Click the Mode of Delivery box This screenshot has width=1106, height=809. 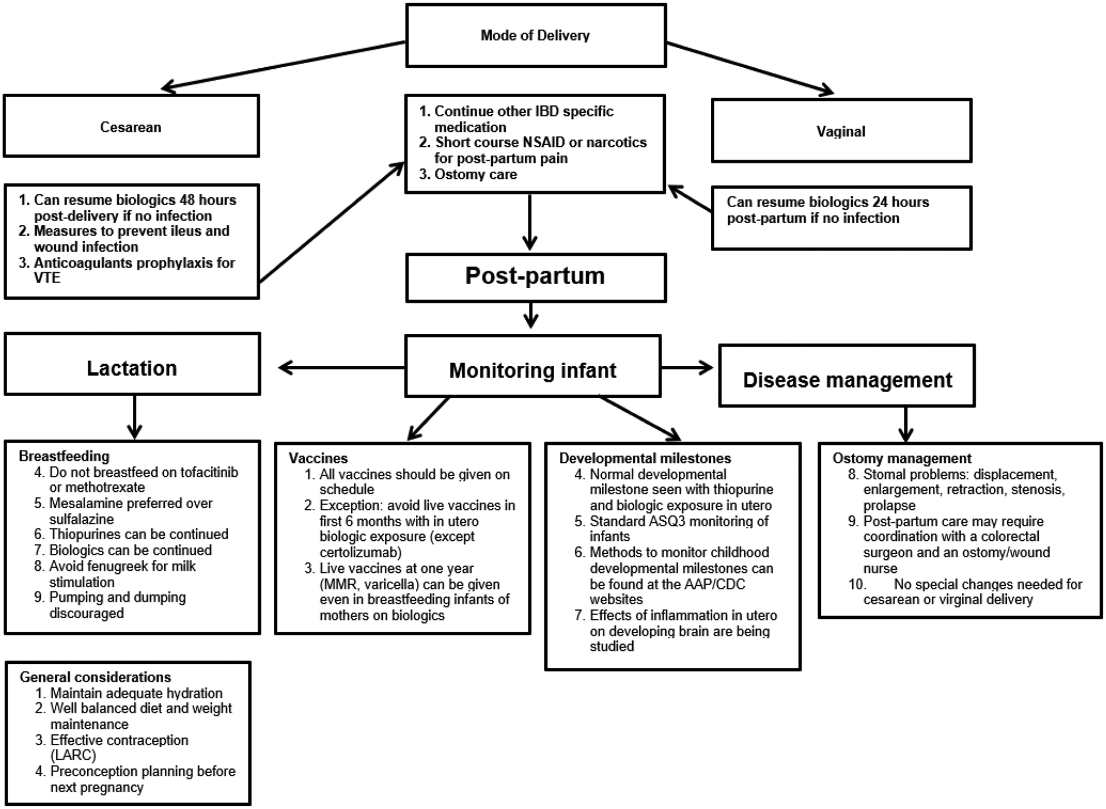536,36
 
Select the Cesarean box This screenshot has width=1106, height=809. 131,127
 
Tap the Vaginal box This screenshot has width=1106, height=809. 841,131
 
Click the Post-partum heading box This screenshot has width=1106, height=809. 536,276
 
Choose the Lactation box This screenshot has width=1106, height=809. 132,368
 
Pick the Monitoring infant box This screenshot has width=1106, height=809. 533,370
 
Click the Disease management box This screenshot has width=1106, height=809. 847,380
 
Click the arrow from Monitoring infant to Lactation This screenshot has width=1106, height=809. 342,368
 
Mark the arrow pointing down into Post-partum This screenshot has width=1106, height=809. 530,222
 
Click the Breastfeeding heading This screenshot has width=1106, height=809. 64,456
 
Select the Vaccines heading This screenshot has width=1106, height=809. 318,458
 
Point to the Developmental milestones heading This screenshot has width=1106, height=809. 645,458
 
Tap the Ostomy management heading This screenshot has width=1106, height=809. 902,458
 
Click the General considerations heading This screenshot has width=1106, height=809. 95,677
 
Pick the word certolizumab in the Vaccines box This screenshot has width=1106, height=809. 360,553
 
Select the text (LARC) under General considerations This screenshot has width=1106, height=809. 73,755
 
